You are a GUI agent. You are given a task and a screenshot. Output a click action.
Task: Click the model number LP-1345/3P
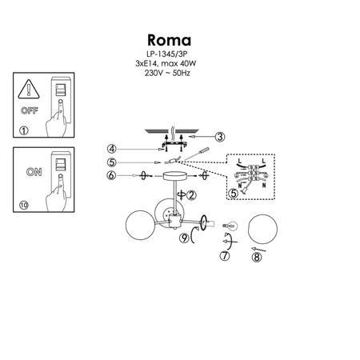pyautogui.click(x=168, y=54)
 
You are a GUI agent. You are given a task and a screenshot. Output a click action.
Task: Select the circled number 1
pyautogui.click(x=23, y=130)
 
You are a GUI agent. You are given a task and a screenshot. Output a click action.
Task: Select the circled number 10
pyautogui.click(x=24, y=205)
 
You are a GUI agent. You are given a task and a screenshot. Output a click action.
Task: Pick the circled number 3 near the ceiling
pyautogui.click(x=220, y=137)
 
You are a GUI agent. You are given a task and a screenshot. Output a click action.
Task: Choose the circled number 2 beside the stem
pyautogui.click(x=191, y=194)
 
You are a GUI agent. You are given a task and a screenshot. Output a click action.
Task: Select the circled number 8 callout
pyautogui.click(x=257, y=256)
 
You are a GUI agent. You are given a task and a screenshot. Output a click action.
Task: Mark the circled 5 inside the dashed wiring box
pyautogui.click(x=234, y=192)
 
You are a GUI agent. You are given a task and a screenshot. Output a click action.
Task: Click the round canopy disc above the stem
pyautogui.click(x=174, y=177)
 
